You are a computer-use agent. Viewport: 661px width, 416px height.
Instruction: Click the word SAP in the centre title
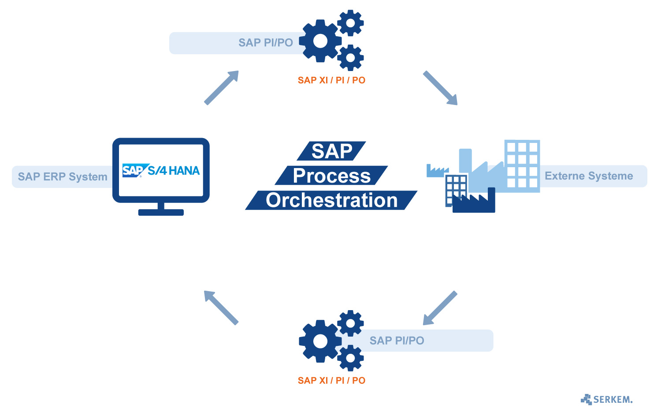[331, 151]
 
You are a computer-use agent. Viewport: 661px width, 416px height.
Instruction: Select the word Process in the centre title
[331, 176]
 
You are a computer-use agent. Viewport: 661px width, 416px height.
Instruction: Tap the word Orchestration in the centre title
[331, 200]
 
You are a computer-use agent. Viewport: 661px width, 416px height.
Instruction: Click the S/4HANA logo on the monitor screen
[161, 171]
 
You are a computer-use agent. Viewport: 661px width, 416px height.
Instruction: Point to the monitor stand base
[161, 212]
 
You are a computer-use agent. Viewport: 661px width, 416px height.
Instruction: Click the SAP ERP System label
[63, 177]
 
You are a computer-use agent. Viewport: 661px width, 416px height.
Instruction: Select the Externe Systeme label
[589, 176]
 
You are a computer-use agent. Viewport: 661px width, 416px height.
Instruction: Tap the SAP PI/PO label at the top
[266, 43]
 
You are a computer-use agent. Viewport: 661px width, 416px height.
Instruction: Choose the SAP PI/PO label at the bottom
[397, 341]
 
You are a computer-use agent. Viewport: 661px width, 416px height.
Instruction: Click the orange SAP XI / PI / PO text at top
[331, 80]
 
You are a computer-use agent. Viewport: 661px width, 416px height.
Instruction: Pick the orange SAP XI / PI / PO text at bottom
[331, 380]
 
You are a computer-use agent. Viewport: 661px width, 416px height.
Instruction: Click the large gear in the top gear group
[320, 41]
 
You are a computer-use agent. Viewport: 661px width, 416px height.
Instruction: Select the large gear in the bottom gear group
[320, 341]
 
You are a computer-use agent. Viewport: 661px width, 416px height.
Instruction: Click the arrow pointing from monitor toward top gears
[222, 87]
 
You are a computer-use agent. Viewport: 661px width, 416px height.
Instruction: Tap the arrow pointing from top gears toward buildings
[440, 88]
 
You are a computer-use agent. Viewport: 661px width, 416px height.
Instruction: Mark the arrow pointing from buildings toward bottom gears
[440, 308]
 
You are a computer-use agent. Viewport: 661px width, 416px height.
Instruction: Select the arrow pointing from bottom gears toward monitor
[221, 308]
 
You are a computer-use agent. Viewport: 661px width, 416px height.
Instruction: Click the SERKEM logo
[607, 400]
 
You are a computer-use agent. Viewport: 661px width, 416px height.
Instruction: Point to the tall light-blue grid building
[522, 165]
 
